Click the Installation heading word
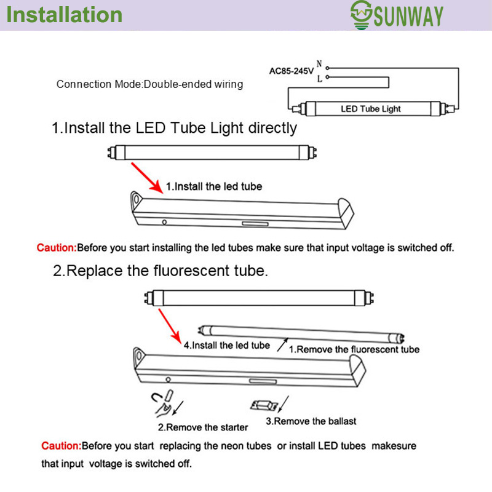(x=65, y=15)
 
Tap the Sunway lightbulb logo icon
(x=361, y=14)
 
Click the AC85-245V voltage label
(x=291, y=71)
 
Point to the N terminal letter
(x=319, y=63)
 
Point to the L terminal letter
(x=319, y=78)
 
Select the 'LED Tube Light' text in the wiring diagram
(x=370, y=109)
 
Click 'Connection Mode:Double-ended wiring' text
(x=149, y=84)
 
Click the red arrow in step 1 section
(x=147, y=177)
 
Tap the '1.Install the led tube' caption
(x=213, y=186)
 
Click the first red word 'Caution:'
(x=57, y=248)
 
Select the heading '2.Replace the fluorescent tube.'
(x=160, y=271)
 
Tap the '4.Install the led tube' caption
(x=226, y=345)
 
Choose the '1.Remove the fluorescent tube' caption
(x=354, y=349)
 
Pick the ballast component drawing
(x=263, y=406)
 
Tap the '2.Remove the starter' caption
(x=203, y=427)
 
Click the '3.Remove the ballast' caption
(x=311, y=421)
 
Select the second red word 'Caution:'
(x=61, y=445)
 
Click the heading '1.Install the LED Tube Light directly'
(x=174, y=128)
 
